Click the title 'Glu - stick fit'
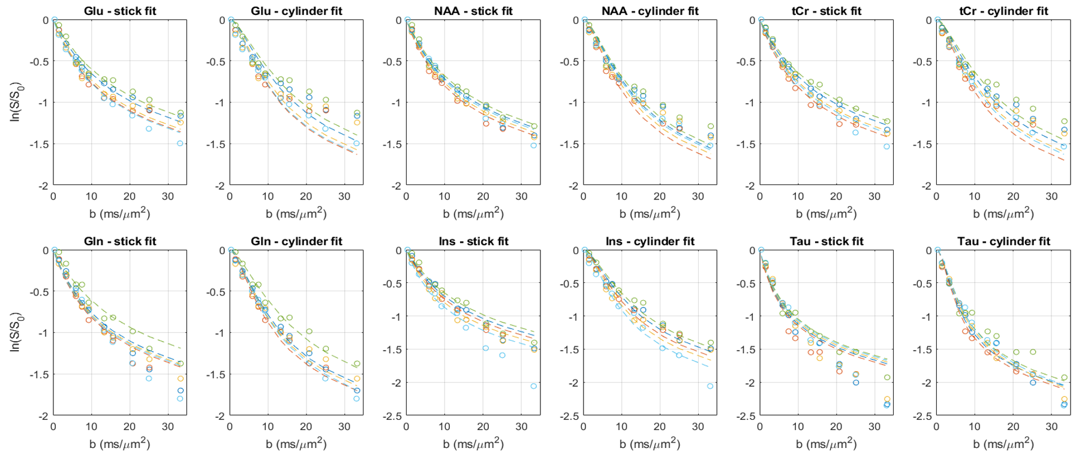click(x=120, y=11)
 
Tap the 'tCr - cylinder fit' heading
click(x=1003, y=11)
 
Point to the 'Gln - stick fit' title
click(x=120, y=241)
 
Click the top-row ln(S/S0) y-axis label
click(x=16, y=102)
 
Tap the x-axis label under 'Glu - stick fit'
click(x=120, y=213)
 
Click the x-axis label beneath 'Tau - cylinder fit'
click(x=1003, y=444)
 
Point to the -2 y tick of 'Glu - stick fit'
click(x=44, y=186)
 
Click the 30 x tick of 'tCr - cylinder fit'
click(x=1051, y=196)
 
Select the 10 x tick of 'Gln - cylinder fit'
click(x=268, y=426)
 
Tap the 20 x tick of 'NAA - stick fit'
click(x=483, y=196)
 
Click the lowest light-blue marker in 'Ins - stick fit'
click(x=534, y=386)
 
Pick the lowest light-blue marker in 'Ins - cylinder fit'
click(x=710, y=386)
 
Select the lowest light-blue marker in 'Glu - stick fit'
click(x=180, y=144)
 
